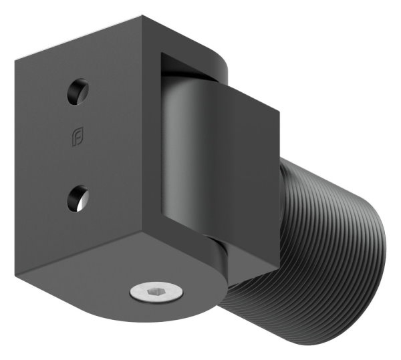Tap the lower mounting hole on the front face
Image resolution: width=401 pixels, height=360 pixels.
pos(78,198)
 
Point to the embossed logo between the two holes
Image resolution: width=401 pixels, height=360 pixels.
pos(78,138)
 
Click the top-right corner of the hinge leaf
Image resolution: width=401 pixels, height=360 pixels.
pos(279,109)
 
